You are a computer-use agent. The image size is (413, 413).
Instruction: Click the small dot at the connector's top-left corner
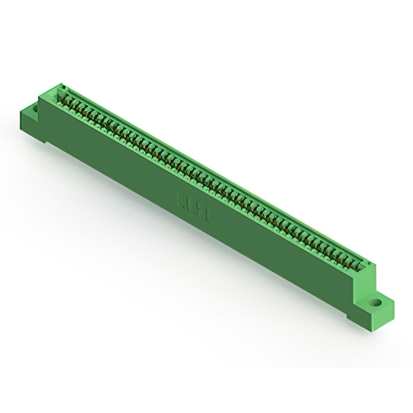point(63,86)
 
